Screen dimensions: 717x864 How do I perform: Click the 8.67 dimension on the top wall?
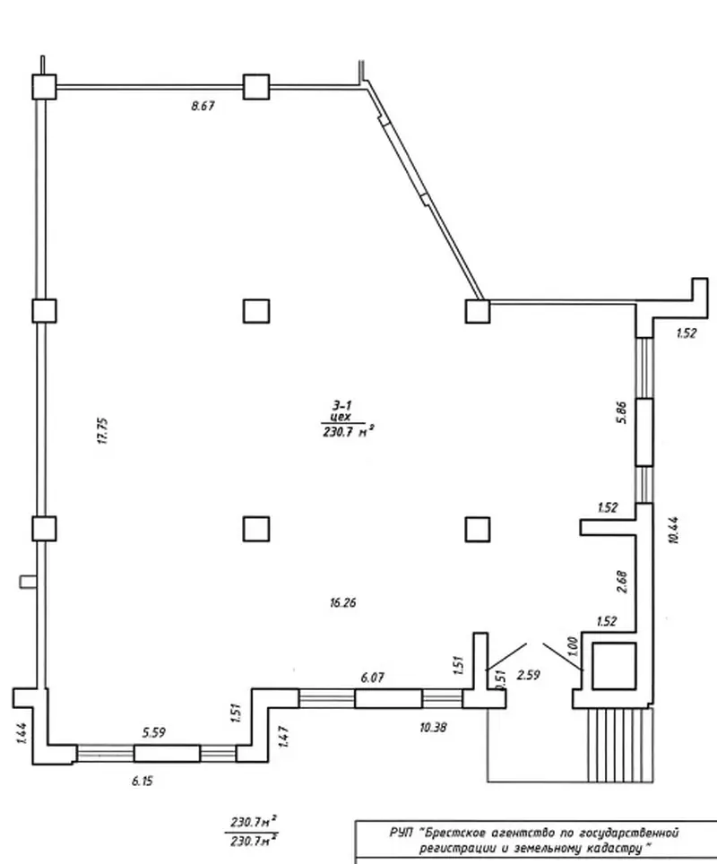coord(203,106)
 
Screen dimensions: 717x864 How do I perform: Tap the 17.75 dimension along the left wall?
coord(103,431)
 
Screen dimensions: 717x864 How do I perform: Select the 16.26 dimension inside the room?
coord(342,602)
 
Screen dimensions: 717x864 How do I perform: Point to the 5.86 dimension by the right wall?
coord(622,411)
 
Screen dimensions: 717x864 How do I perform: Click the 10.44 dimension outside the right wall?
coord(673,530)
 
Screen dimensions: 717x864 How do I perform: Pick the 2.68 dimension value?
coord(622,582)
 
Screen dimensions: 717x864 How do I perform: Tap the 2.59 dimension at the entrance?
coord(529,675)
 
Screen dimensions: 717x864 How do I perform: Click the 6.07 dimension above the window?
coord(373,678)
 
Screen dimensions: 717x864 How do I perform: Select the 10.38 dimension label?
coord(433,728)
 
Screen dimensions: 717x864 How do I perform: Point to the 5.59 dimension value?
coord(154,733)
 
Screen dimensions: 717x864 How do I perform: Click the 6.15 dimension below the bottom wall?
coord(143,781)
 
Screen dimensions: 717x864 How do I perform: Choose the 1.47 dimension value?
coord(284,737)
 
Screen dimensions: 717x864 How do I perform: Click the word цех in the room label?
coord(340,418)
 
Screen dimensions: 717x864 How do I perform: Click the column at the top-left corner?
coord(44,87)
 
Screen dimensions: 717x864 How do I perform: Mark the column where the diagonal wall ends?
coord(478,311)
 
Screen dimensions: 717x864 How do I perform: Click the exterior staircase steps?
coord(620,745)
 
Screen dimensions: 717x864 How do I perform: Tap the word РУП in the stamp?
coord(402,832)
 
